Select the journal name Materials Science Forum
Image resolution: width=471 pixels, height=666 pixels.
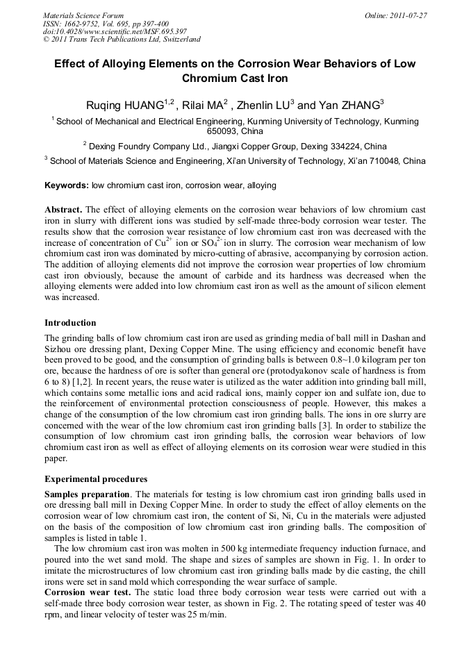[83, 15]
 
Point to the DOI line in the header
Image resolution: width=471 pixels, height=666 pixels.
[115, 31]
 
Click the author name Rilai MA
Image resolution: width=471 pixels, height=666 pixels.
[206, 106]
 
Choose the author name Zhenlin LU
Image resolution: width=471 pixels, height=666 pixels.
[262, 106]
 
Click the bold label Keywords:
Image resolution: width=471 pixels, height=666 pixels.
[67, 185]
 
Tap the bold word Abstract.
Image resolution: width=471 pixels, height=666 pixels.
[63, 210]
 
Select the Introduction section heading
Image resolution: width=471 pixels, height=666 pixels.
[70, 323]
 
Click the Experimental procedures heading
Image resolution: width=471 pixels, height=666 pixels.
[96, 479]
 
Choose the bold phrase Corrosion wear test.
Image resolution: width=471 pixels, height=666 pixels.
[88, 592]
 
